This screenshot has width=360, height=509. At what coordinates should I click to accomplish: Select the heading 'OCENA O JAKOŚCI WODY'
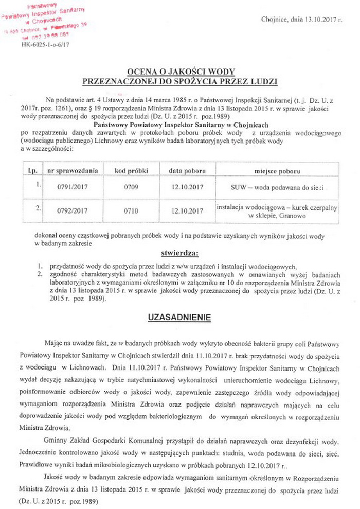(x=180, y=73)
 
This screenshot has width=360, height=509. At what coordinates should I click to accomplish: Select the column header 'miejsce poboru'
(x=276, y=170)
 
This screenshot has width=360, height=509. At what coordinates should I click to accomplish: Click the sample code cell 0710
(x=131, y=211)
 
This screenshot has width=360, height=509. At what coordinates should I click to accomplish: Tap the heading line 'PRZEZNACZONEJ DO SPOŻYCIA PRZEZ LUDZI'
(x=180, y=81)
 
